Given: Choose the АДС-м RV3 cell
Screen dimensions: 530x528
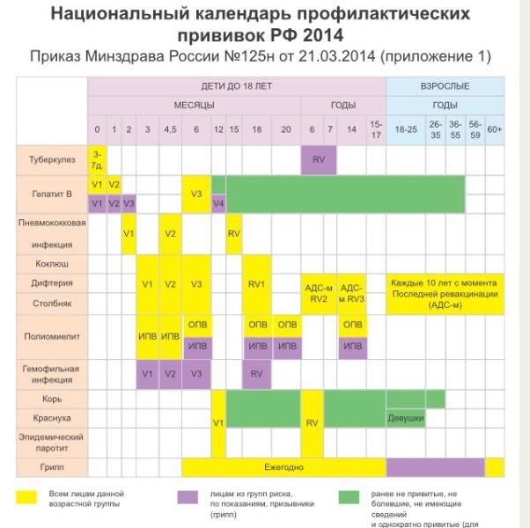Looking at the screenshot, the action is coord(351,292).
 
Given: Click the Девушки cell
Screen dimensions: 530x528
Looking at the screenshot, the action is coord(407,418).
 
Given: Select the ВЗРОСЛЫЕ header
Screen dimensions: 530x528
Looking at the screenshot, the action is coord(445,87).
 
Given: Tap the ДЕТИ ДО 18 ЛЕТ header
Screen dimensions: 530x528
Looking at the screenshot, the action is coord(236,87).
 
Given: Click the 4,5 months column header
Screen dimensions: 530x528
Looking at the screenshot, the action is coord(171,129).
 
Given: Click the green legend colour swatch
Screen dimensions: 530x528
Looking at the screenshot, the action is coord(363,498).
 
